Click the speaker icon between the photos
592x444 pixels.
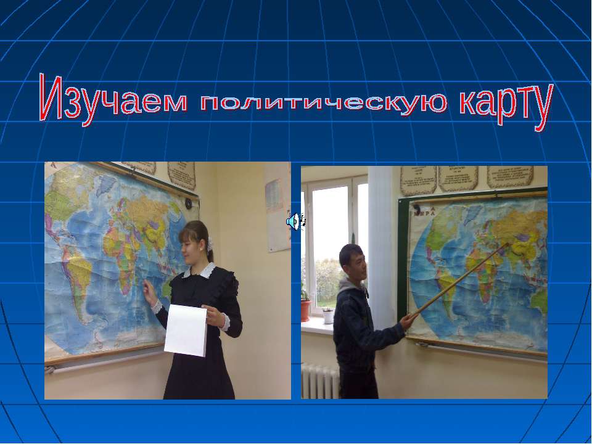pos(295,221)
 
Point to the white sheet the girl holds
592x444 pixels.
pos(186,330)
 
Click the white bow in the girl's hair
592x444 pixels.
pos(210,242)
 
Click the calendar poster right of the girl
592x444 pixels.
pos(277,216)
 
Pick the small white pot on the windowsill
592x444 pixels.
pos(328,316)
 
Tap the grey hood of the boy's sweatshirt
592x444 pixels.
pos(350,288)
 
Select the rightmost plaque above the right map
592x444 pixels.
pos(510,176)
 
